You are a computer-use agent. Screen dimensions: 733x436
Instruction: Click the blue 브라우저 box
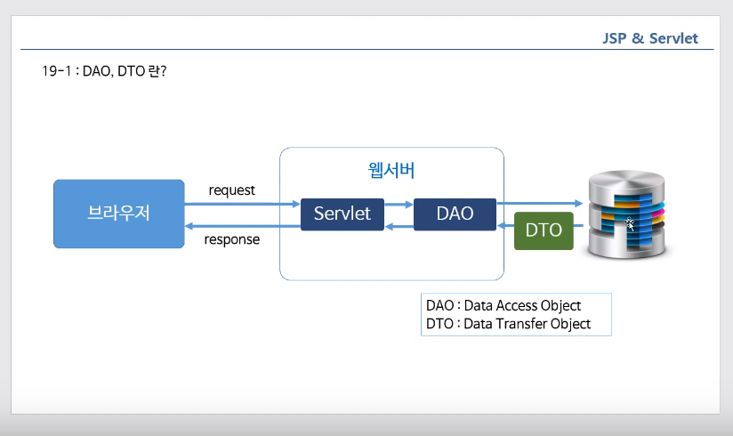point(117,214)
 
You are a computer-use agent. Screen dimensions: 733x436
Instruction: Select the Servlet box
point(342,214)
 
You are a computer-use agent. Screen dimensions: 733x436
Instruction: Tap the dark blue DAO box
point(455,214)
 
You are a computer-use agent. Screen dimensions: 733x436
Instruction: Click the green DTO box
point(544,230)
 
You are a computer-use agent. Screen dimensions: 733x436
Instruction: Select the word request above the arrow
point(231,190)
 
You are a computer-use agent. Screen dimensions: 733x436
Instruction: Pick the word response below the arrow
point(232,239)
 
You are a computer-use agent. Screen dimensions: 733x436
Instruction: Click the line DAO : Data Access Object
point(503,305)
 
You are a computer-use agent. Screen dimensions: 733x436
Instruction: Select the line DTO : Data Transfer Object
point(508,324)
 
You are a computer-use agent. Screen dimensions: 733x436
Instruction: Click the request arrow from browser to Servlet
point(240,204)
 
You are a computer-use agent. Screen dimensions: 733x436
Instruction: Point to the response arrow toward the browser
point(240,226)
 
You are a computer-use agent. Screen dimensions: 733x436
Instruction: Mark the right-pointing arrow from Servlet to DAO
point(398,204)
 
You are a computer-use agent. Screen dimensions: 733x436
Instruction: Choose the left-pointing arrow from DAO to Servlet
point(398,226)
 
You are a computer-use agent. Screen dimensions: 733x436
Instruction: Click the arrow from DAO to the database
point(538,204)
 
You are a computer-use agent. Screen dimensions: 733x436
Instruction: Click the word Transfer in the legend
point(522,324)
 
